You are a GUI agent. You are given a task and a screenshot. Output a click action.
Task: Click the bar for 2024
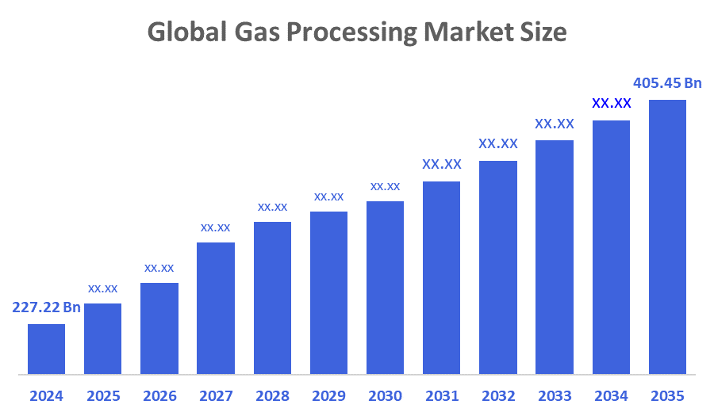pos(46,349)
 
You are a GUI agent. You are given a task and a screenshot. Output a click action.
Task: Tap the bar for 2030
pos(385,287)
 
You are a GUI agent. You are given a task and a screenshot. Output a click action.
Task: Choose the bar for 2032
pos(498,267)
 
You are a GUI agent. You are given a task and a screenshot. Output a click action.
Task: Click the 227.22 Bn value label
pos(46,307)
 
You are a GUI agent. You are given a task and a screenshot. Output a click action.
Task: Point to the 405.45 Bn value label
pos(667,82)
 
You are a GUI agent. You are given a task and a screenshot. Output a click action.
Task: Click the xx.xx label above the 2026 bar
pos(159,268)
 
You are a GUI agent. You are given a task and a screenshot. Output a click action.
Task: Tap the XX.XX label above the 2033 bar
pos(555,124)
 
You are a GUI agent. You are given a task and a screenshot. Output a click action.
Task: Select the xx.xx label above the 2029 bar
pos(328,197)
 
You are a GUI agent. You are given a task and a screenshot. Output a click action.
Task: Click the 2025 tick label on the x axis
pos(102,395)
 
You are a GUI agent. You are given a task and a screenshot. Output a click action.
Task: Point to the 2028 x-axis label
pos(272,395)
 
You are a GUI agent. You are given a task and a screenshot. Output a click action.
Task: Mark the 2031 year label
pos(441,395)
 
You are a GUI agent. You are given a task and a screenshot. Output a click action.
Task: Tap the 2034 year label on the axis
pos(611,395)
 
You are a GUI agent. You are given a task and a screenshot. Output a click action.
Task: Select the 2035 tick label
pos(667,395)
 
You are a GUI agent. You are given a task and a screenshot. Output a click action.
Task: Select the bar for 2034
pos(611,246)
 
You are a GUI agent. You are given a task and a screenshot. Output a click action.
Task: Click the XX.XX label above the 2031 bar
pos(441,165)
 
